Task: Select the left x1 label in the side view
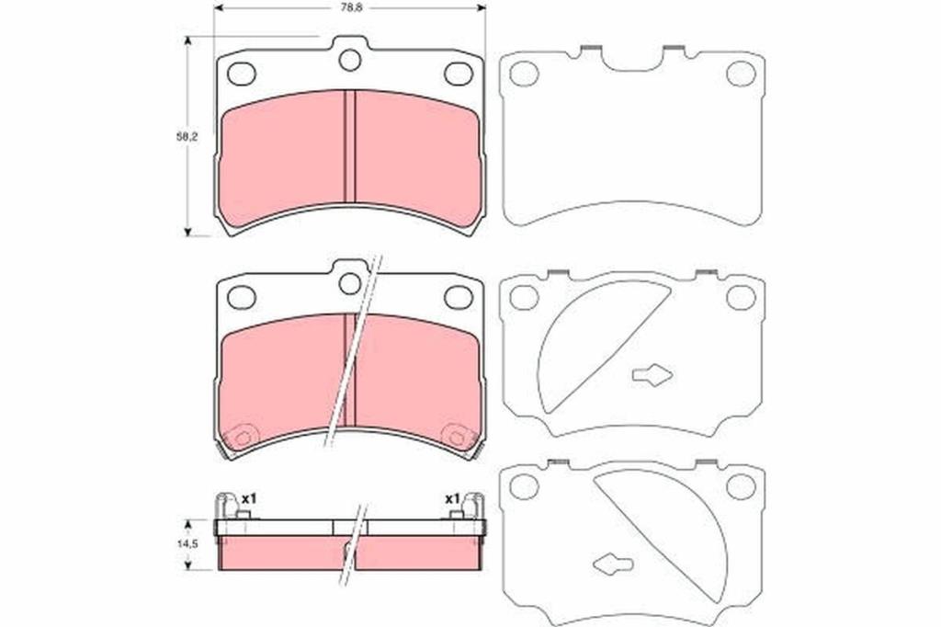249,498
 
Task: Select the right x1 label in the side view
452,498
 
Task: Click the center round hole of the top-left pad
350,60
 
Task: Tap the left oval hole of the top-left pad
242,74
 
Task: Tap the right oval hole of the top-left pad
459,74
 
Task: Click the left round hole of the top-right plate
524,74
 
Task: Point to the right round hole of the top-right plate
742,74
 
